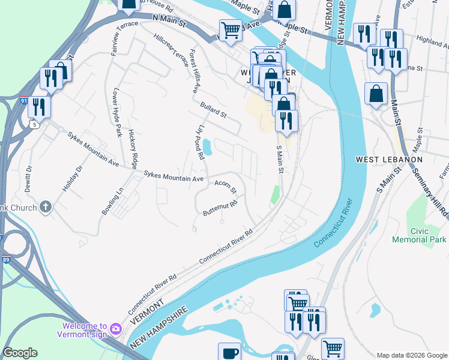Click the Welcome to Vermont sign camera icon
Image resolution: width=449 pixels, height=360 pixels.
point(116,329)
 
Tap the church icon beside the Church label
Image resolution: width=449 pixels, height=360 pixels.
point(46,208)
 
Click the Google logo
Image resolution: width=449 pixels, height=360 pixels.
point(20,353)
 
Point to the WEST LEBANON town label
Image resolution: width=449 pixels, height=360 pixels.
point(389,160)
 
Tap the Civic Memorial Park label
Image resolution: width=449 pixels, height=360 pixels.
point(419,235)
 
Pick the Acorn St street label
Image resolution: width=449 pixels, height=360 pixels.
point(226,187)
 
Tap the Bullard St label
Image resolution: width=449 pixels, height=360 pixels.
point(214,109)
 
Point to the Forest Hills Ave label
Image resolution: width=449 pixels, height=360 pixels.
point(194,71)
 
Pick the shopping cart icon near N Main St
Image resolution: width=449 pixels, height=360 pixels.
point(231,30)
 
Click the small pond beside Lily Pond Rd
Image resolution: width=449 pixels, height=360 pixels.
point(207,146)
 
